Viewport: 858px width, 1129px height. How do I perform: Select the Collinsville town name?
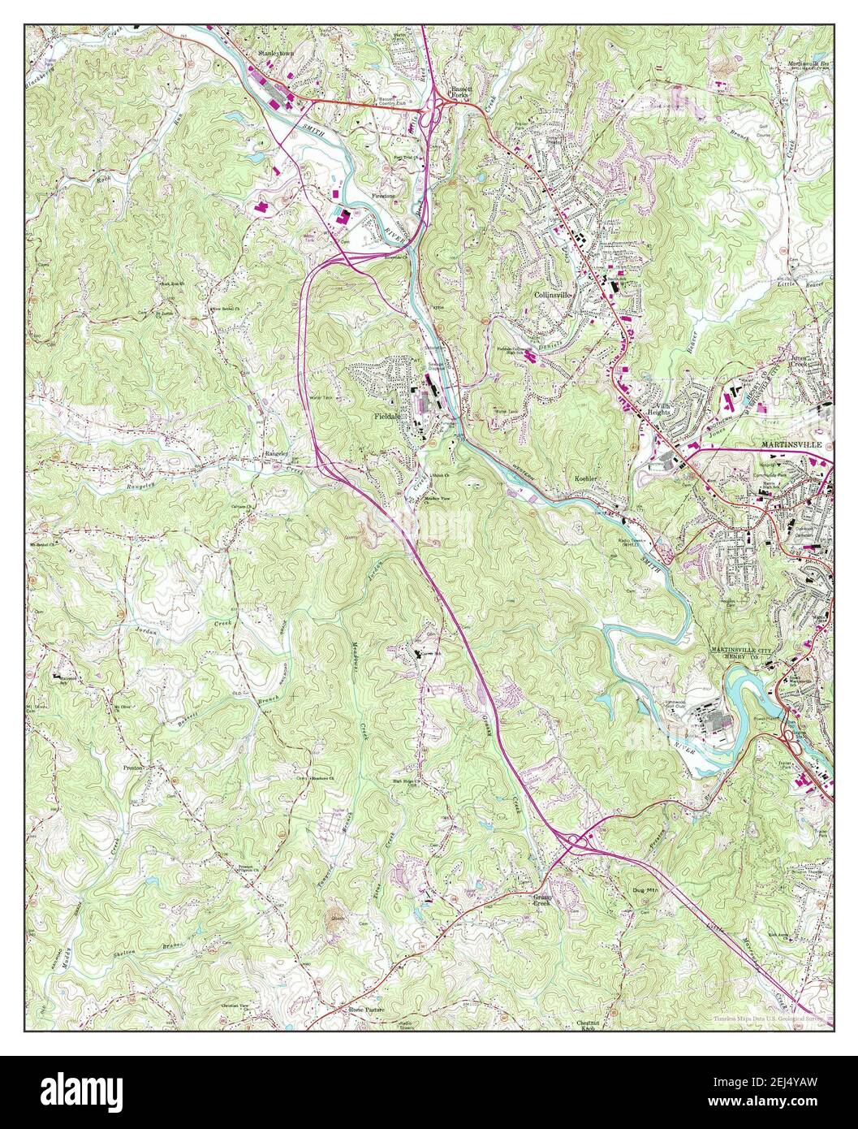point(554,296)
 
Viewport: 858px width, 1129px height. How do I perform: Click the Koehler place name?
point(586,479)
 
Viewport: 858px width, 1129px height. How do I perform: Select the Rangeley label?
point(275,454)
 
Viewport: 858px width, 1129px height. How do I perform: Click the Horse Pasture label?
point(366,1010)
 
